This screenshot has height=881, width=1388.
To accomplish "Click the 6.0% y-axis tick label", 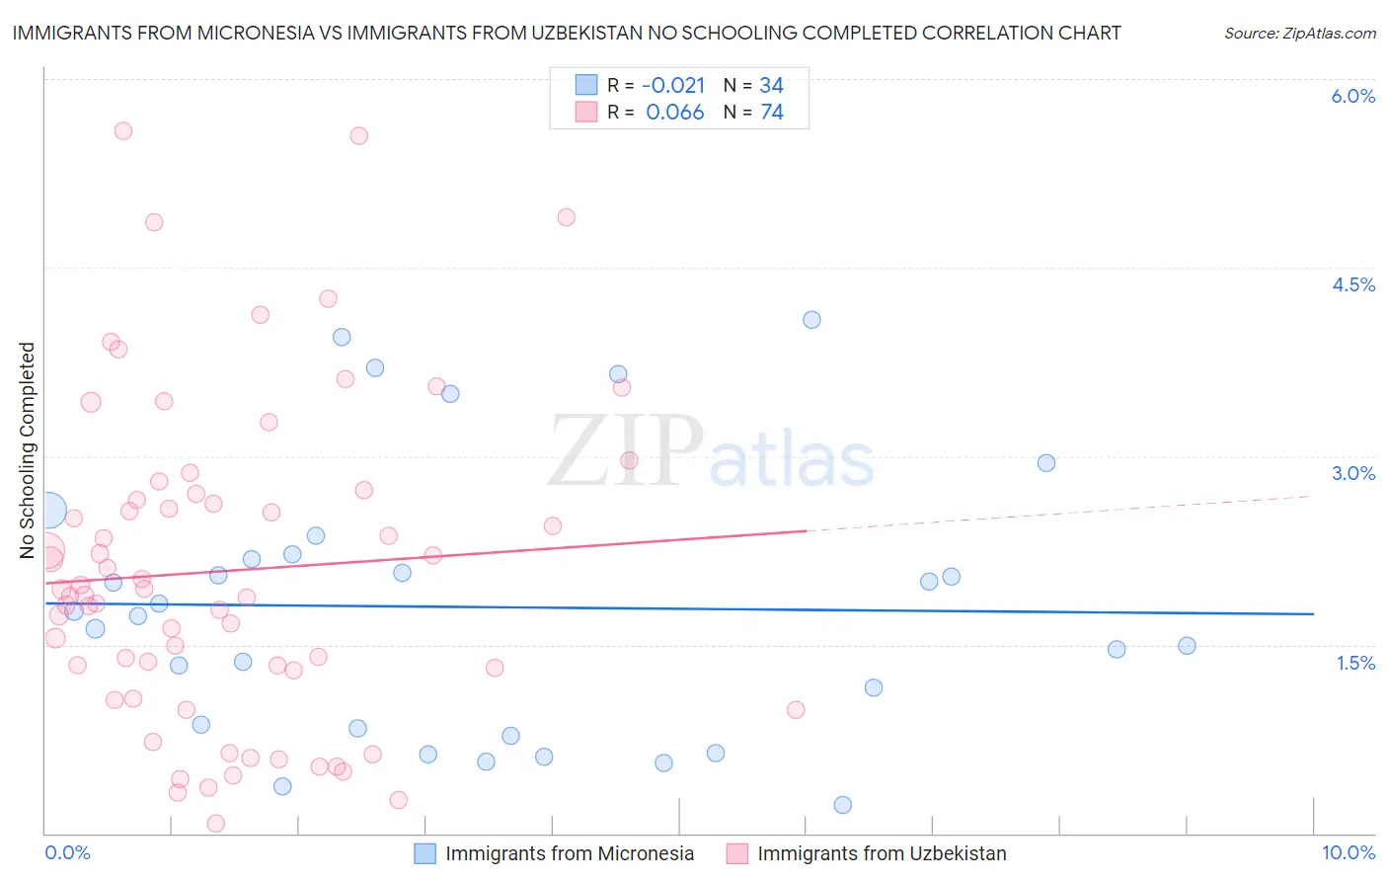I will pos(1352,96).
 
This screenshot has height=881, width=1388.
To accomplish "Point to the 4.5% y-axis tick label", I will pos(1352,284).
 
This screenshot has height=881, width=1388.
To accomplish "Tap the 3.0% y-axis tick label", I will pos(1352,473).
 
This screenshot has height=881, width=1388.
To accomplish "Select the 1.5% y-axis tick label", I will pos(1355,663).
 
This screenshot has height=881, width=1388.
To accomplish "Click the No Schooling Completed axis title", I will pos(27,450).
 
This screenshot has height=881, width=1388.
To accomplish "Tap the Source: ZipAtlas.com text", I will pos(1299,33).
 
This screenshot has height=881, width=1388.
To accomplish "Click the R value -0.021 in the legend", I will pos(674,86).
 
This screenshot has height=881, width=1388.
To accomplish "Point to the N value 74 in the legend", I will pos(772,113).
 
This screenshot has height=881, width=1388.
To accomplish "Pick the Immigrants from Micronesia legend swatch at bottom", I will pos(424,853).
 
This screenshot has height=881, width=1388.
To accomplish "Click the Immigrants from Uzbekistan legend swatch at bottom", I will pos(736,853).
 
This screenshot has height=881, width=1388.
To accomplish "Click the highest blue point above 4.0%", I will pos(811,319).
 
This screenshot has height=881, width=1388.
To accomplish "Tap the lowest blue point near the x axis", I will pos(842,805).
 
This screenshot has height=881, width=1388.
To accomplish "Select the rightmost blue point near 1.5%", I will pos(1187,646).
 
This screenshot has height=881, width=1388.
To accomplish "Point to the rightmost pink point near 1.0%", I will pos(796,709).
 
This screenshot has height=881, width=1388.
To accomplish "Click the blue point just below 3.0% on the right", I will pos(1046,463).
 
